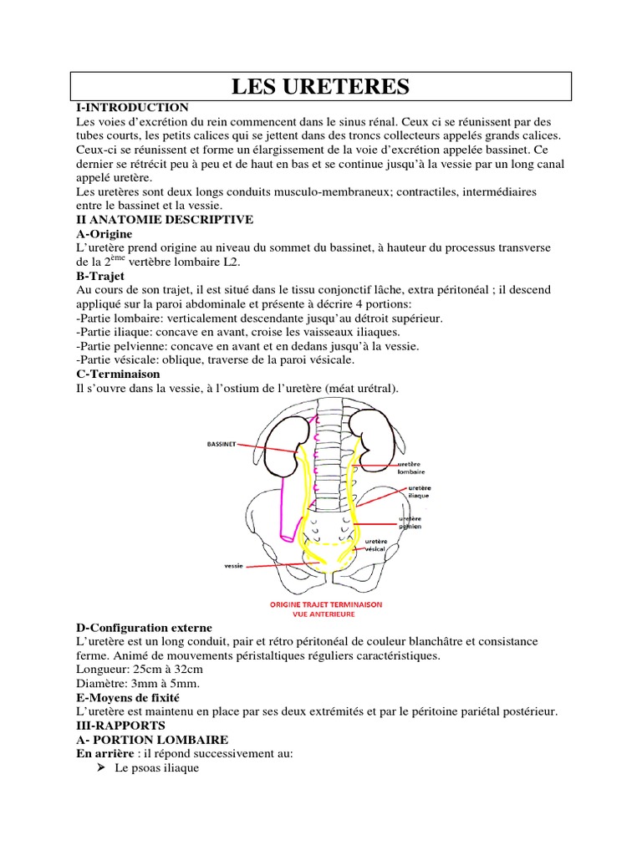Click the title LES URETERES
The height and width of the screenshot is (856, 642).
pos(320,85)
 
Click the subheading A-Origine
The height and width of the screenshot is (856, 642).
pos(103,235)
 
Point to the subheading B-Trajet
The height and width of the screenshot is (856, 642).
pos(100,275)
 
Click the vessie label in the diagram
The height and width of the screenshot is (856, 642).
pos(234,566)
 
